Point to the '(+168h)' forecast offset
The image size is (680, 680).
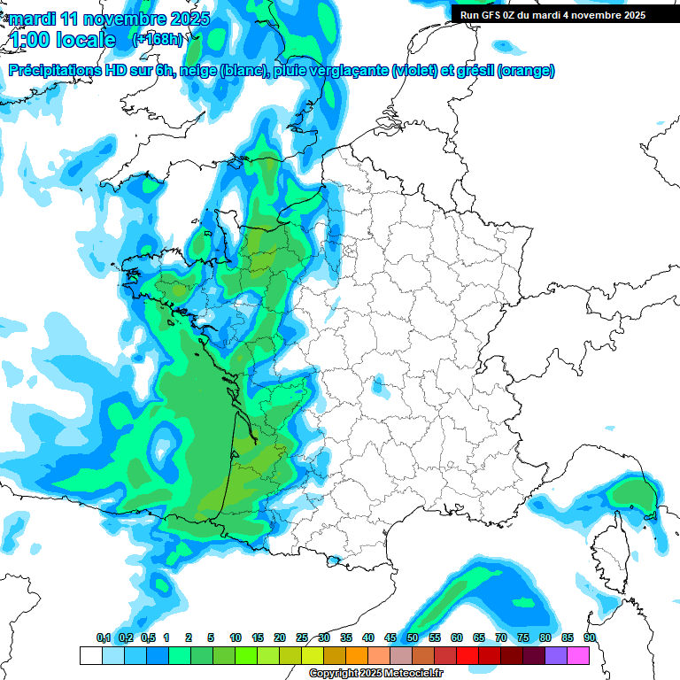[158, 40]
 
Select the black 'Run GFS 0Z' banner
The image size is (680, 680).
[564, 15]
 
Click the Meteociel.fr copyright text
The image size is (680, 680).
[375, 674]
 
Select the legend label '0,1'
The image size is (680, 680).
[104, 637]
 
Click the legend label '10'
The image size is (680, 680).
[236, 637]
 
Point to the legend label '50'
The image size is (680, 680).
[413, 637]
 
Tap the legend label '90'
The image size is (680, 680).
[590, 637]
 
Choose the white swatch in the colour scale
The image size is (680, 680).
[90, 655]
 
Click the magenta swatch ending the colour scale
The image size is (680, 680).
[578, 655]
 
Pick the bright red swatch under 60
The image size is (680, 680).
[467, 655]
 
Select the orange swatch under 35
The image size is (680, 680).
[357, 655]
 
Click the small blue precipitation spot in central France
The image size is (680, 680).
[380, 387]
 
